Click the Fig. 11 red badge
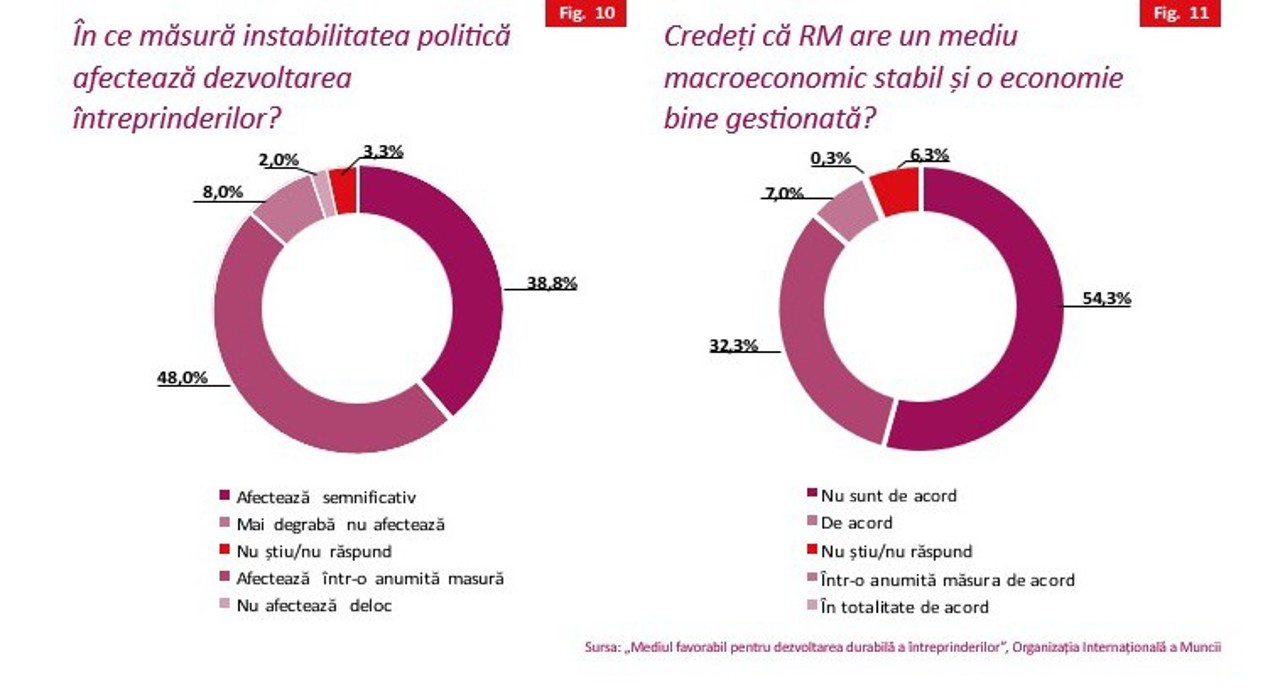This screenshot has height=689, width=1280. [1180, 14]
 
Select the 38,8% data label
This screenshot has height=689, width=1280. [552, 283]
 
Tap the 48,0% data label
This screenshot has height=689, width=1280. [182, 378]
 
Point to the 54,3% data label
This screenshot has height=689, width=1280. [1106, 298]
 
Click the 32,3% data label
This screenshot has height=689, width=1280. [734, 346]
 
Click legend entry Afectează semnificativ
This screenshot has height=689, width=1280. [325, 496]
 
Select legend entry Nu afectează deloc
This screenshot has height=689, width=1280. [313, 606]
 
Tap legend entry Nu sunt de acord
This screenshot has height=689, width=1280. [888, 495]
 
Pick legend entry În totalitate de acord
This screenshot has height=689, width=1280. [904, 607]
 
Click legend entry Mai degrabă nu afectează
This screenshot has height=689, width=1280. [340, 523]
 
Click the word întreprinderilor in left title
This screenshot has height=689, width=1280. [175, 118]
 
